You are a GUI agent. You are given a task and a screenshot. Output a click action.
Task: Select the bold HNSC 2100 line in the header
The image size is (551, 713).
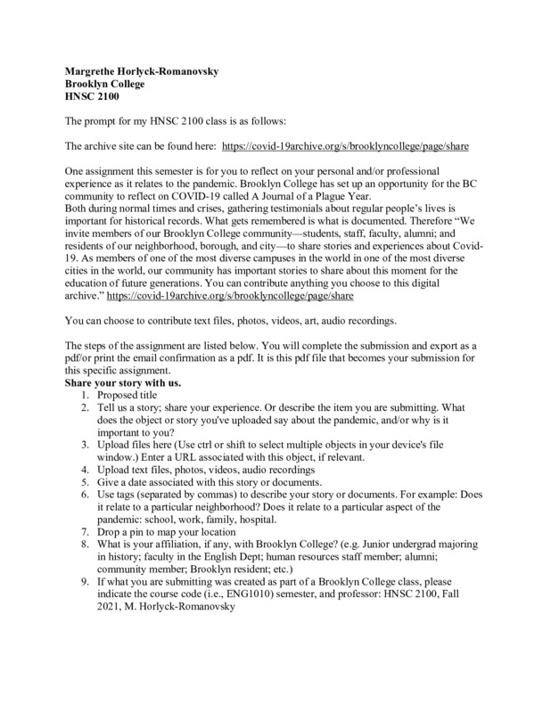click(x=95, y=97)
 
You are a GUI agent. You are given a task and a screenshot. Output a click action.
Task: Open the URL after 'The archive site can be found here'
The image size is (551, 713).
click(x=346, y=144)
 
